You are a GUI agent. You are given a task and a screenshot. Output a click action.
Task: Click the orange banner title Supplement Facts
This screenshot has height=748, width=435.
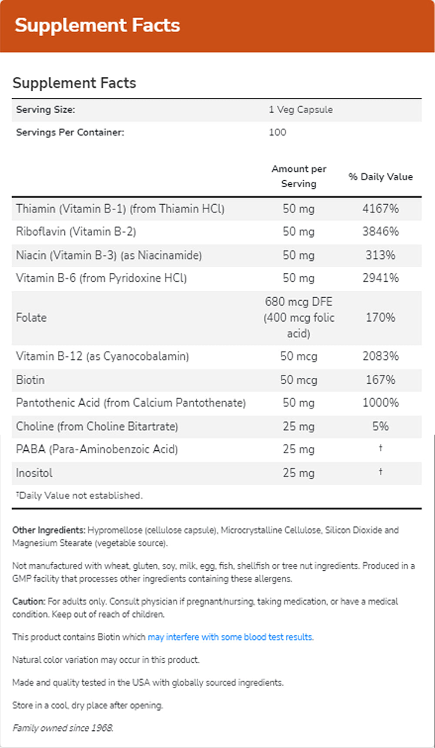pos(97,25)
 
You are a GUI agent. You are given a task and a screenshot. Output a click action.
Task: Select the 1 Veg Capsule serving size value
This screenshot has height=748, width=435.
pos(301,110)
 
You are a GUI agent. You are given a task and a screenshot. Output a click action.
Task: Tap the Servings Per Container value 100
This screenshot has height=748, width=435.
pos(278,132)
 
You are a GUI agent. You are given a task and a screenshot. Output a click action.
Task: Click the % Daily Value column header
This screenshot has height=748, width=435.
pos(381,176)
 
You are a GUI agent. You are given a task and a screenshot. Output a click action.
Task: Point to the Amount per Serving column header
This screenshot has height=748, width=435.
pos(299,176)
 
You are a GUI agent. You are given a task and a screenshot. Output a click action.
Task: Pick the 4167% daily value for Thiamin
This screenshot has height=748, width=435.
pos(381,209)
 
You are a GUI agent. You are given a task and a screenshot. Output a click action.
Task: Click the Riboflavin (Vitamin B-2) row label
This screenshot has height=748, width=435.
pos(76,232)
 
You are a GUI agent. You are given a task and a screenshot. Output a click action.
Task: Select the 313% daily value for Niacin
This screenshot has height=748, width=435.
pos(381,255)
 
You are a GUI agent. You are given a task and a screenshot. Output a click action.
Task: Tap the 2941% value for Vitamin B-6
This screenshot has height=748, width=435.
pos(381,278)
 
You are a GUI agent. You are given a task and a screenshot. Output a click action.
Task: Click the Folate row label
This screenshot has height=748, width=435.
pos(31,317)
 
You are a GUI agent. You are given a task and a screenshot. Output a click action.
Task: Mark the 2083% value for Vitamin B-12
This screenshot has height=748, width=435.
pos(381,356)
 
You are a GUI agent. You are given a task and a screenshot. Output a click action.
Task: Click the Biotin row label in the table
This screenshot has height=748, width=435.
pos(30,380)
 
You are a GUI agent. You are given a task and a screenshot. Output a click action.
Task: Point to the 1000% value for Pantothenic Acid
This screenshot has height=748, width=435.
pos(381,402)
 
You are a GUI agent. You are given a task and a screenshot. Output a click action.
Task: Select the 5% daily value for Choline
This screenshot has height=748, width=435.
pos(381,426)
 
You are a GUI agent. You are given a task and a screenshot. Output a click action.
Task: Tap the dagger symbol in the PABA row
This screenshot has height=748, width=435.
pos(381,448)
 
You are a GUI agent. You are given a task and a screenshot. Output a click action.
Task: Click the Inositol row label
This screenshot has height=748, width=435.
pos(34,473)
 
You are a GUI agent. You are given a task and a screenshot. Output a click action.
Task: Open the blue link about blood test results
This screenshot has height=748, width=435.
pos(231,637)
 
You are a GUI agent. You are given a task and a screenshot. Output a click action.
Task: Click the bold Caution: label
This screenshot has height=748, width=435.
pos(29,601)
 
